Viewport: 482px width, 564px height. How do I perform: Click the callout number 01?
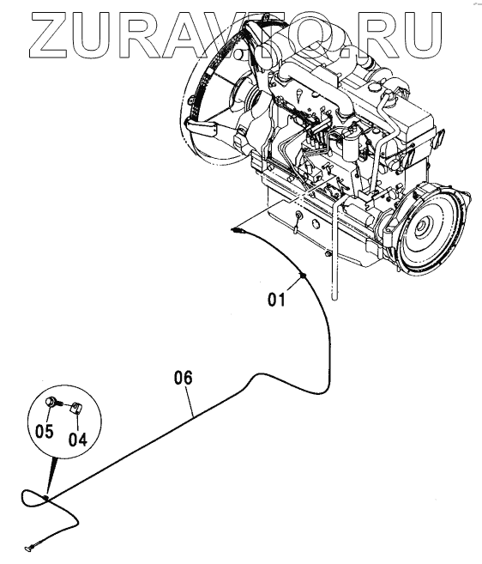pyautogui.click(x=276, y=300)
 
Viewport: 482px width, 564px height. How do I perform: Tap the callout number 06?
pyautogui.click(x=184, y=378)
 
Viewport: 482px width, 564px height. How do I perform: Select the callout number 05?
pyautogui.click(x=45, y=431)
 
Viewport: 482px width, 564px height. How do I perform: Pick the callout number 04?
pyautogui.click(x=78, y=439)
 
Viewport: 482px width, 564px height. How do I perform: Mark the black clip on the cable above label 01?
pyautogui.click(x=302, y=276)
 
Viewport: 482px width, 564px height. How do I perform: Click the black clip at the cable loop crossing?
pyautogui.click(x=46, y=497)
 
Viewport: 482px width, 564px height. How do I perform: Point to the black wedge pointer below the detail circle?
pyautogui.click(x=51, y=474)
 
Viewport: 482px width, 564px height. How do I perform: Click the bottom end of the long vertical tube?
pyautogui.click(x=335, y=298)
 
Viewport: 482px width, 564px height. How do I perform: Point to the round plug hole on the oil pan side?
pyautogui.click(x=316, y=224)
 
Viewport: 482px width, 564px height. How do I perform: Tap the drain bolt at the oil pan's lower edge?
pyautogui.click(x=327, y=254)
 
